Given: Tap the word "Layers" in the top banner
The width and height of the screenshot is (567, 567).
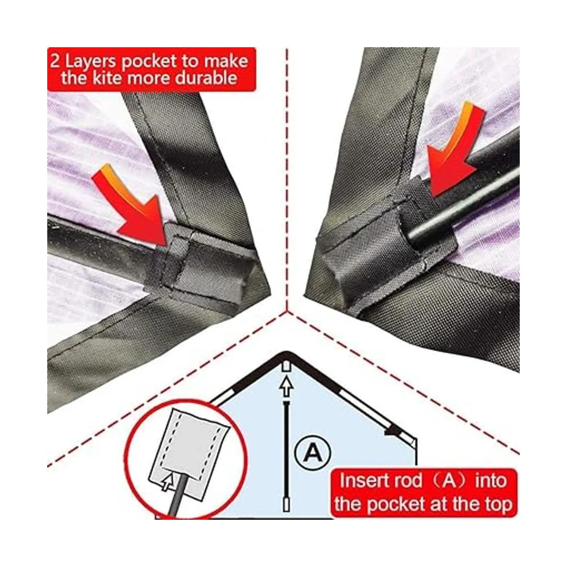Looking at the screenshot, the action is [90, 62].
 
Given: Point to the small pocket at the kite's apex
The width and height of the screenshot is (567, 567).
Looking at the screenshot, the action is [286, 367].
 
